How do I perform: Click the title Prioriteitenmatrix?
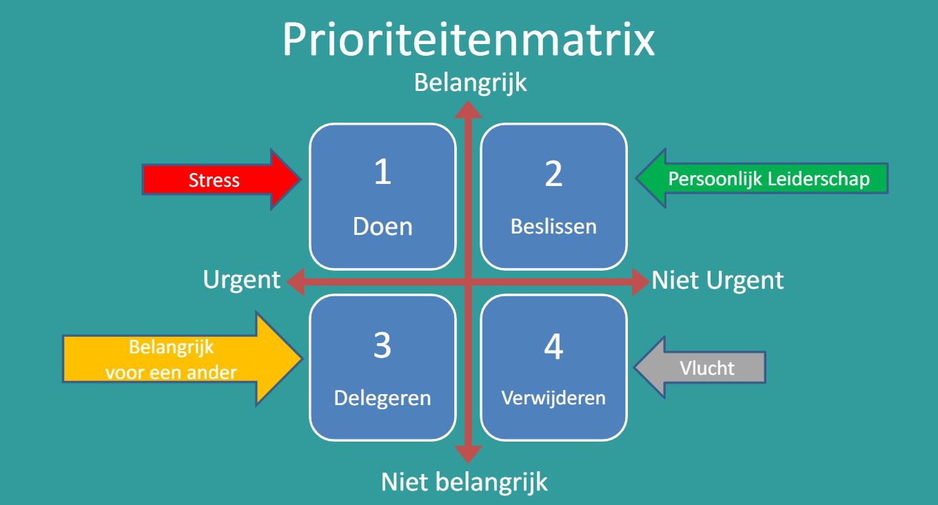(469, 40)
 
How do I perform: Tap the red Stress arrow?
(221, 179)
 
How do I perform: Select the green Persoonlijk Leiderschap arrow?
(762, 178)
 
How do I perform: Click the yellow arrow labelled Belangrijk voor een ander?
(182, 359)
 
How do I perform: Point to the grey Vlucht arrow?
(700, 367)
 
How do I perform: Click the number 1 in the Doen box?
(383, 172)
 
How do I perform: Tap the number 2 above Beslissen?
(553, 174)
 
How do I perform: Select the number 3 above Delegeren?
(383, 345)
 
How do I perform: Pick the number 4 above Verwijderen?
(553, 347)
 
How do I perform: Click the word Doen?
(383, 227)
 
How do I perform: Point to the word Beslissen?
(553, 227)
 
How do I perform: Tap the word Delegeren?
(383, 398)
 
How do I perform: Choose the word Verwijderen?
(553, 398)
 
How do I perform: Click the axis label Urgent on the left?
(242, 280)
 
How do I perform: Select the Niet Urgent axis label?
(717, 280)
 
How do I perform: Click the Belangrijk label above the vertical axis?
(470, 83)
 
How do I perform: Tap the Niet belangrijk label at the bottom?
(464, 482)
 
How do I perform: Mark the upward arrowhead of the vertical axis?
(468, 110)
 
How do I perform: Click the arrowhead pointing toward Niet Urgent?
(641, 282)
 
